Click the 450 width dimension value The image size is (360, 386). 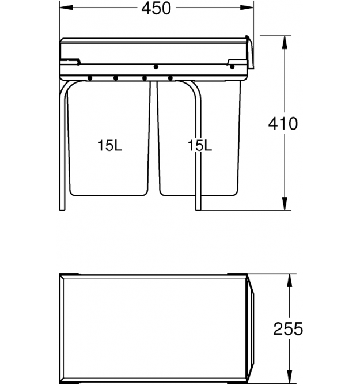(x=156, y=8)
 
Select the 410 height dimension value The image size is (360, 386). (x=283, y=124)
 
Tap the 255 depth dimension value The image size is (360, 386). (x=288, y=328)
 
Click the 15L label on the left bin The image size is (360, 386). (x=110, y=146)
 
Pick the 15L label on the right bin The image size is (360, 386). (x=199, y=146)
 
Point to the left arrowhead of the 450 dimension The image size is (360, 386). (x=66, y=7)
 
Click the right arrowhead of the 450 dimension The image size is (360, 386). (x=247, y=7)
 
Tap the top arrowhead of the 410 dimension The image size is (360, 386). (x=285, y=42)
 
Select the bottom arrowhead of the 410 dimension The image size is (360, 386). (x=285, y=203)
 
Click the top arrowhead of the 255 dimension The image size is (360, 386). (x=290, y=281)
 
